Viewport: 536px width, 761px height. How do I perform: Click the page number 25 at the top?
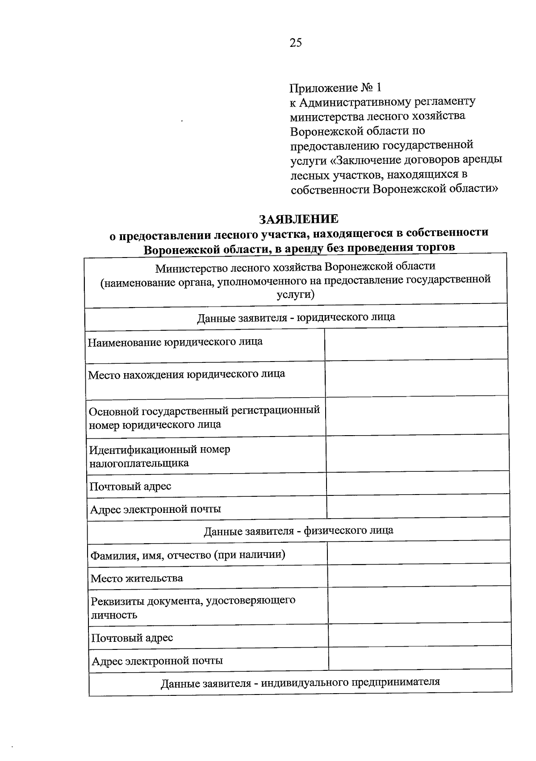tap(296, 43)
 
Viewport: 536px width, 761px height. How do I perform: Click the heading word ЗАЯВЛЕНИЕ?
tap(299, 219)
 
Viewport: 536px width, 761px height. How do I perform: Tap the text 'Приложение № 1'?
tap(336, 87)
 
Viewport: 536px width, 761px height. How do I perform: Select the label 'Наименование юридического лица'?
tap(175, 342)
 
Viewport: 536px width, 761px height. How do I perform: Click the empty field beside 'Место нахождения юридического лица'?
tap(416, 378)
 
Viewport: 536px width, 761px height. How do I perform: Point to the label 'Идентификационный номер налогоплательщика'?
tap(160, 456)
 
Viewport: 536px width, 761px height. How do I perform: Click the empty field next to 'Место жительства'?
tap(419, 575)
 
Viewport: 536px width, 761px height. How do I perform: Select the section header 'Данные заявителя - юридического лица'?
tap(296, 317)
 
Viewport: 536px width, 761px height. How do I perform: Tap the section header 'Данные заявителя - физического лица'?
tap(298, 531)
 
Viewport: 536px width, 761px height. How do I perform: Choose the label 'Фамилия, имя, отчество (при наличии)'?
tap(188, 555)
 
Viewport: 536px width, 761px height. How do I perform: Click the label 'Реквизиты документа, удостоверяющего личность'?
tap(193, 607)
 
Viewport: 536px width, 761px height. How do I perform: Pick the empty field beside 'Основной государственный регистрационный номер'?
tap(417, 416)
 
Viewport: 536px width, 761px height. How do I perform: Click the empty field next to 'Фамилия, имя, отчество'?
tap(419, 552)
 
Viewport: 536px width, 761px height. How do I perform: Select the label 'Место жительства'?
tap(137, 578)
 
